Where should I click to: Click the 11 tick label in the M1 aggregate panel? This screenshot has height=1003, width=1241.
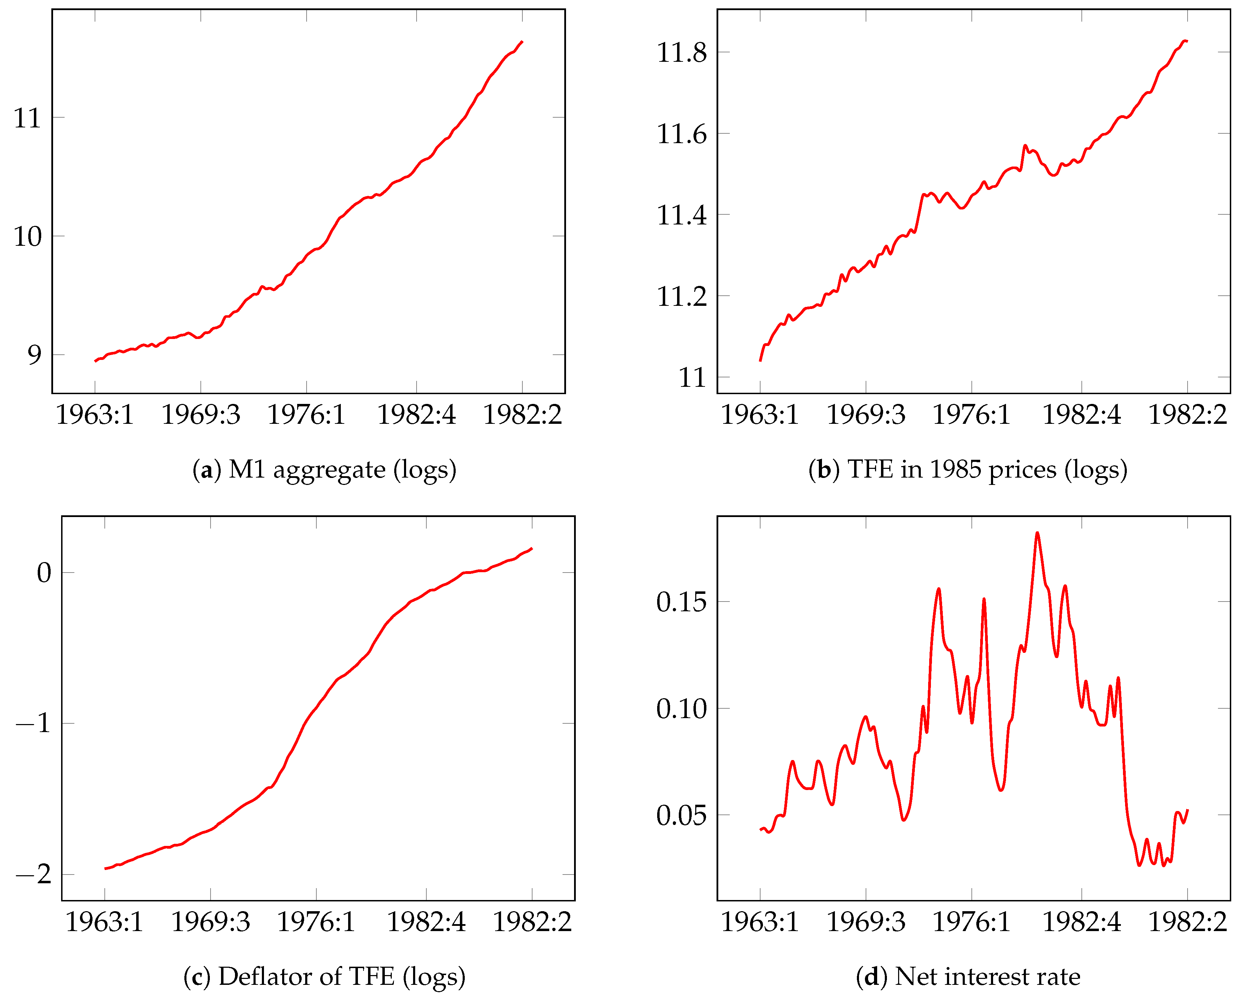click(27, 118)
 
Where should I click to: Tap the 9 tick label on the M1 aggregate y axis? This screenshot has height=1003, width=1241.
click(34, 355)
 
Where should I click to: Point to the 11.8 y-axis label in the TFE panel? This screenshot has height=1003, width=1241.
click(681, 53)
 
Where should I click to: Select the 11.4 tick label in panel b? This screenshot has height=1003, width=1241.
click(681, 215)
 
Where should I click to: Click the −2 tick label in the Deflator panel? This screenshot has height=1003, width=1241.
click(34, 874)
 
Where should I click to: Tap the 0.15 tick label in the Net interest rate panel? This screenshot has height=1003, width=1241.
click(681, 602)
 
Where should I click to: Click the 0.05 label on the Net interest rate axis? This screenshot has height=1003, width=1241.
click(681, 815)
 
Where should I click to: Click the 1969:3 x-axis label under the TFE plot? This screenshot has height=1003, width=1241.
click(866, 415)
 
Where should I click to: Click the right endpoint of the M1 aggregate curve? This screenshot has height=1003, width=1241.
click(522, 42)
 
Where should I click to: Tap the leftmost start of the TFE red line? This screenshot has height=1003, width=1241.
click(760, 361)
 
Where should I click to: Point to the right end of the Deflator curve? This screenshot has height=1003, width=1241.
click(531, 548)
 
